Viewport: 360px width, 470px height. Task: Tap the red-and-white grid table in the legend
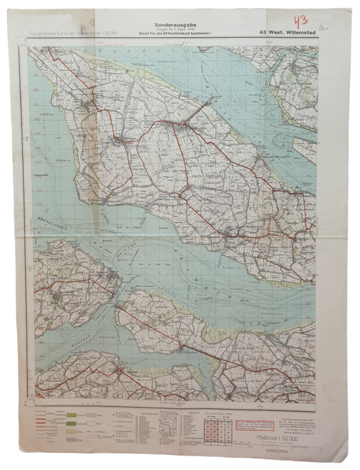(214, 432)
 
